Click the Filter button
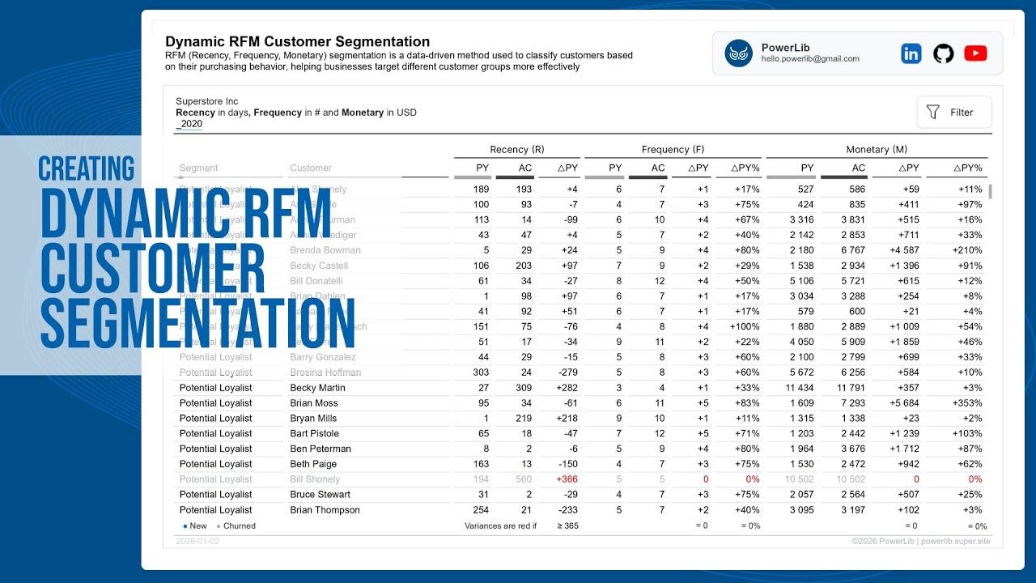point(953,113)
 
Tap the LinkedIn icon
point(911,53)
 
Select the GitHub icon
point(943,53)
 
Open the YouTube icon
point(975,53)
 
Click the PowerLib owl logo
point(738,53)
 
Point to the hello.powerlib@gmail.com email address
point(810,59)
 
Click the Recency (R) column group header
point(516,150)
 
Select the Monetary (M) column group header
point(877,150)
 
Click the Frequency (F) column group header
point(673,150)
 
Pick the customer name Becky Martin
point(317,388)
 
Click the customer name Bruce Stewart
point(320,495)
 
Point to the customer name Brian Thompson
point(325,510)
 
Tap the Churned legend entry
point(238,526)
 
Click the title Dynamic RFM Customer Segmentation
point(297,41)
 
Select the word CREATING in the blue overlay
point(87,168)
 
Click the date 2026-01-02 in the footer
point(197,541)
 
